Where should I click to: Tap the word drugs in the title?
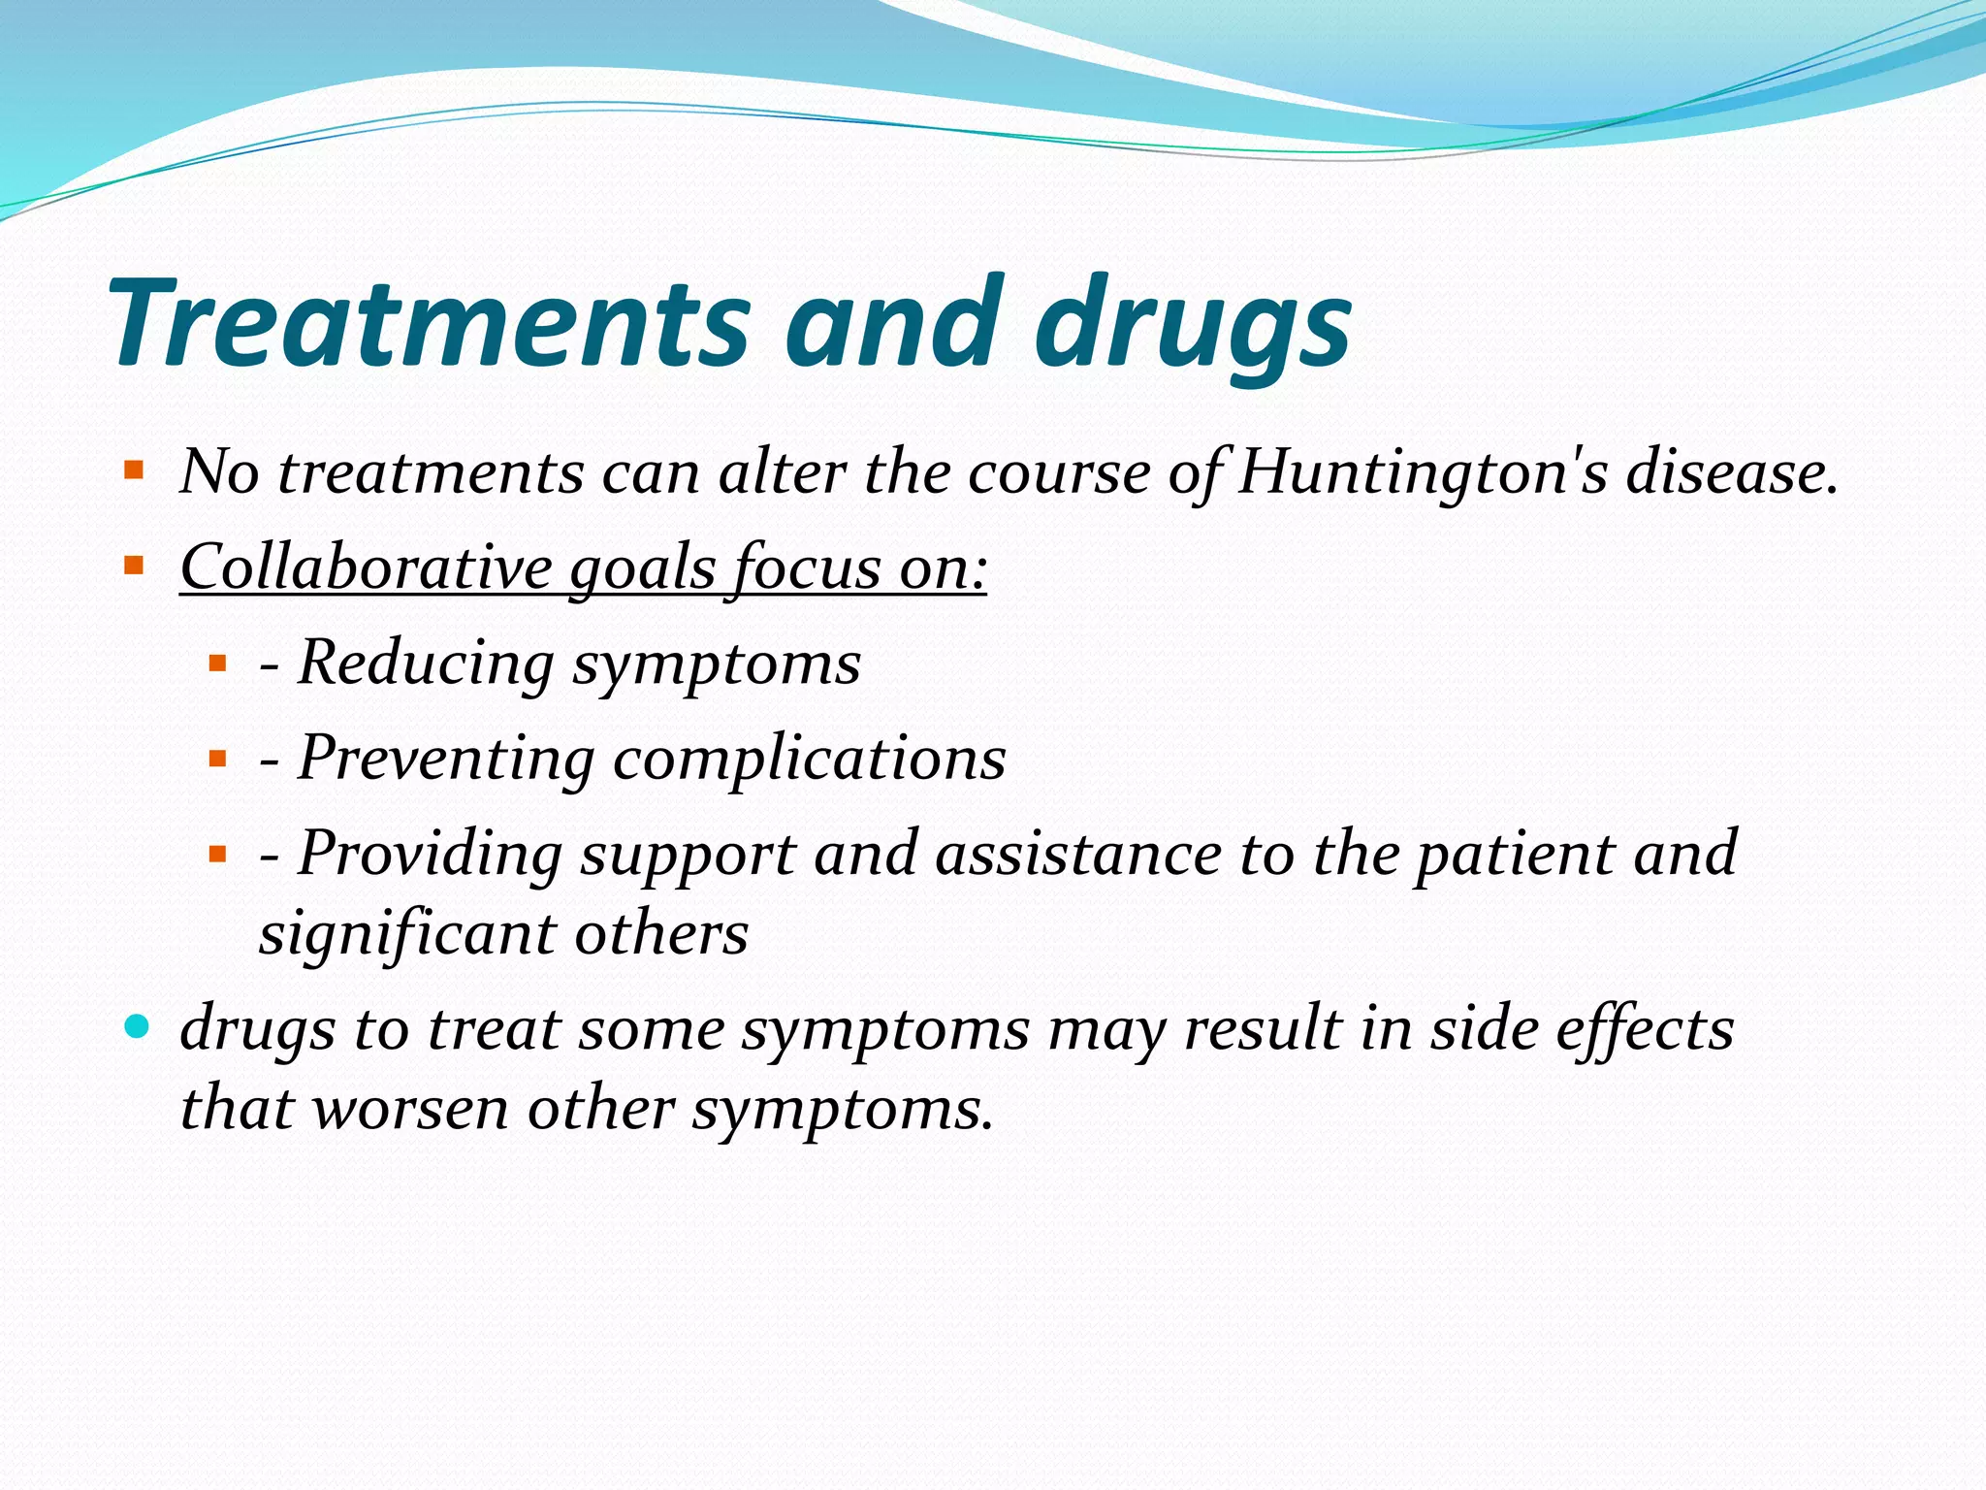coord(1193,325)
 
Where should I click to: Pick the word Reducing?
coord(426,664)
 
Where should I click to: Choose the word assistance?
coord(1077,854)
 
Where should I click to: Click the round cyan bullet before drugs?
coord(138,1025)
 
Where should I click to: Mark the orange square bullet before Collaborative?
coord(134,564)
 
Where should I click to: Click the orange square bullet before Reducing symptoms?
coord(217,664)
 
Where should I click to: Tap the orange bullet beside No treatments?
coord(134,471)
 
